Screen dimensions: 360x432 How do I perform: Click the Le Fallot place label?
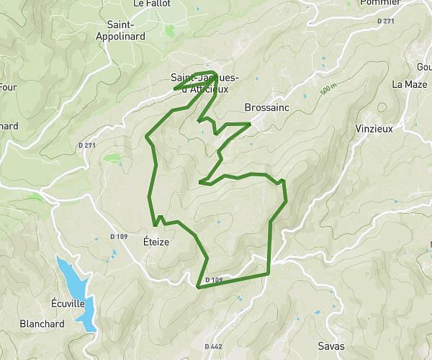152,4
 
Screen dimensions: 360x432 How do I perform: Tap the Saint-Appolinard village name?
120,30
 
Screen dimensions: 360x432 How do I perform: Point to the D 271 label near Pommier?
386,22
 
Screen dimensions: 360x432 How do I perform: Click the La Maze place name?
410,84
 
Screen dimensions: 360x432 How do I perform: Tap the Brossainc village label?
266,107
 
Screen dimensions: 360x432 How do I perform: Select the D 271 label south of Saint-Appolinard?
87,145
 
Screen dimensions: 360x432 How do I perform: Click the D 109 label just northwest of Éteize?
119,236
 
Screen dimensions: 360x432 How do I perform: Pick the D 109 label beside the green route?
214,279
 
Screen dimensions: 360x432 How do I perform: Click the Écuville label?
68,303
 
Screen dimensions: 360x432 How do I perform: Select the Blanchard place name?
42,324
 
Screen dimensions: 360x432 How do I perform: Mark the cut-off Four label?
7,87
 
